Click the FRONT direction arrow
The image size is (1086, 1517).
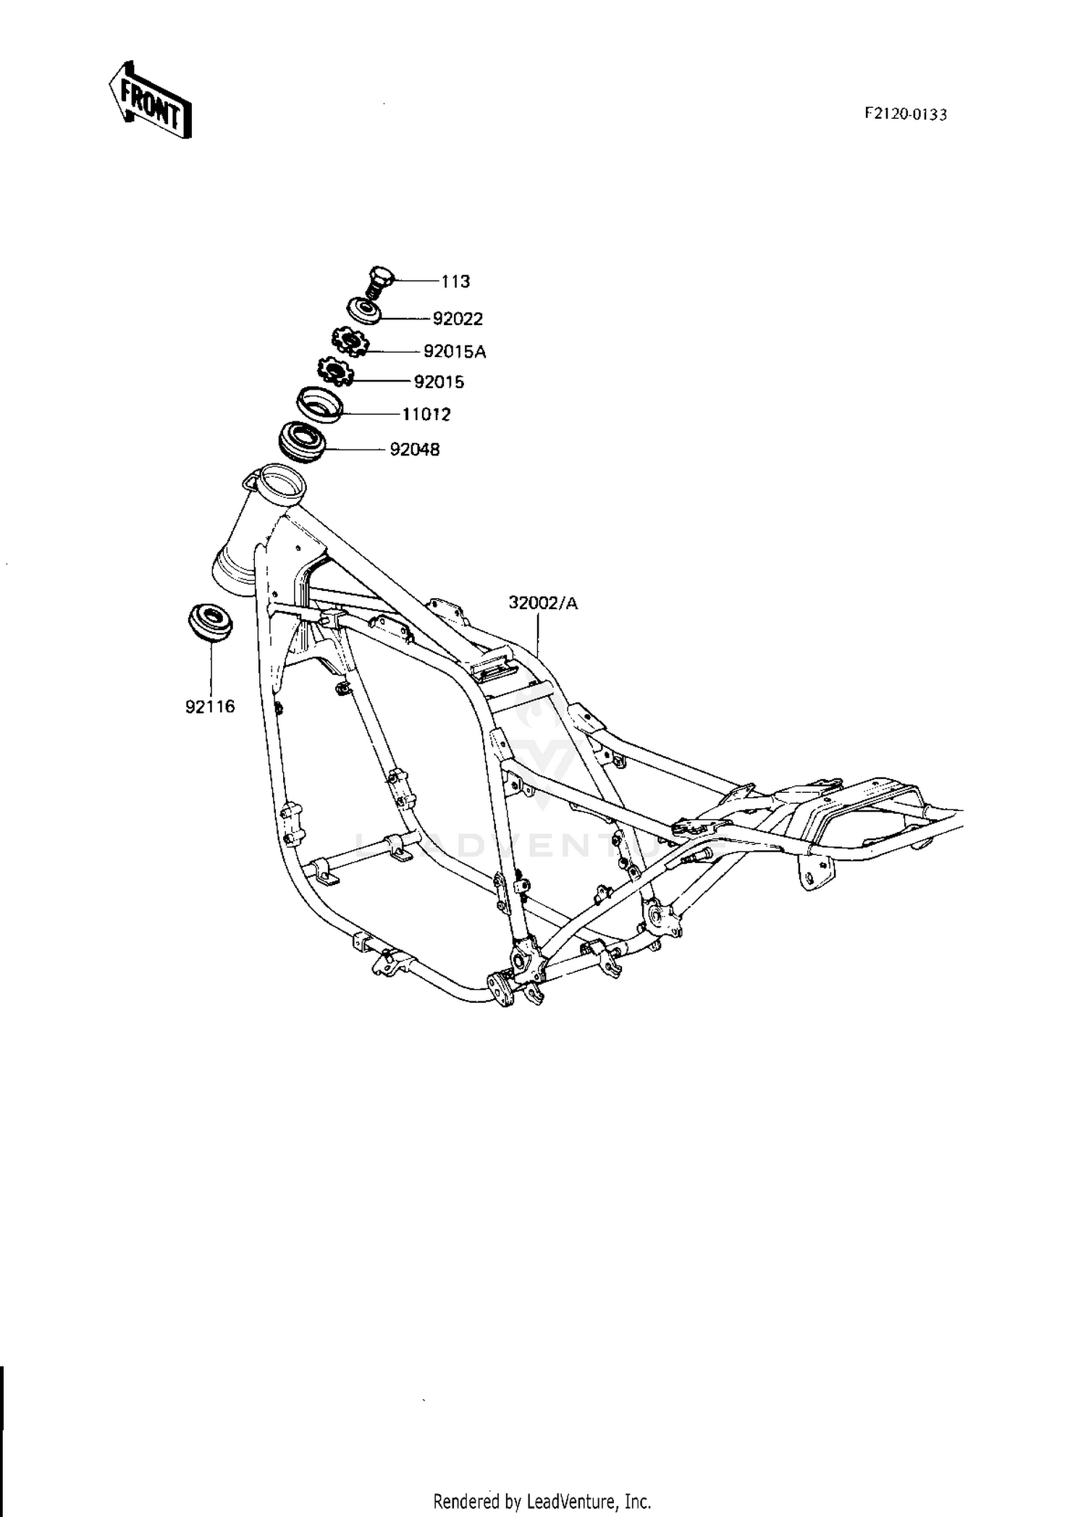tap(150, 99)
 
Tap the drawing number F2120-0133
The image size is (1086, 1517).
tap(905, 114)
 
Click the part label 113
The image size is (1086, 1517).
tap(455, 281)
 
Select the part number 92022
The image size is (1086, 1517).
tap(458, 319)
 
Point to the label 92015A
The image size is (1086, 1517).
tap(455, 352)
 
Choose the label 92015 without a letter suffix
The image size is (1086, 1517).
tap(439, 382)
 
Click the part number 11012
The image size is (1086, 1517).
tap(426, 415)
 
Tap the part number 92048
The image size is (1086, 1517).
tap(415, 450)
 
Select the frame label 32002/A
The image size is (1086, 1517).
tap(543, 602)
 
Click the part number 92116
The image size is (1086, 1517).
tap(210, 707)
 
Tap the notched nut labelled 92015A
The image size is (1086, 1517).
tap(350, 341)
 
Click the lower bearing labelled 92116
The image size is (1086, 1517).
tap(210, 621)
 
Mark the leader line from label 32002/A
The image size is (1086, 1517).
tap(538, 631)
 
